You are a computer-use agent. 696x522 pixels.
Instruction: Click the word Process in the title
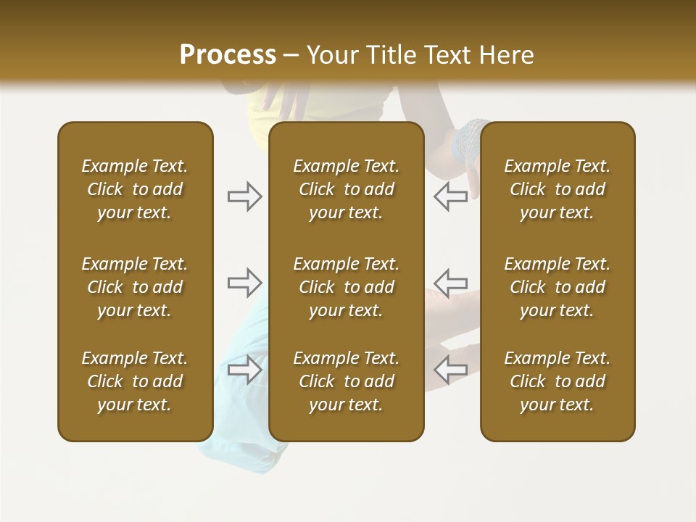tap(228, 55)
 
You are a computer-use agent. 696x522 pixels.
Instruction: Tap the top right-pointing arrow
tap(245, 196)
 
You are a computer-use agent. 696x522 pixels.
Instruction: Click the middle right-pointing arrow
tap(245, 283)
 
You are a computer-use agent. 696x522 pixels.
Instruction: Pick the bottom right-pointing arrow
tap(245, 369)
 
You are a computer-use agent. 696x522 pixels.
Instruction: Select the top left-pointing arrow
tap(450, 196)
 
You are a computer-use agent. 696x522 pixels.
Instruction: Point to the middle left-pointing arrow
tap(450, 283)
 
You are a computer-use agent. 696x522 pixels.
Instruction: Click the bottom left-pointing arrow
tap(450, 369)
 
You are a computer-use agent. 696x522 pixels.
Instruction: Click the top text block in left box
tap(135, 189)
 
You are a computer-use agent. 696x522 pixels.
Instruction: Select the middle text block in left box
tap(135, 287)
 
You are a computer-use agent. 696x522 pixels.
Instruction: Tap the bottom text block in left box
tap(135, 381)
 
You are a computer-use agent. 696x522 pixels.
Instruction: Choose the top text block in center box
tap(347, 189)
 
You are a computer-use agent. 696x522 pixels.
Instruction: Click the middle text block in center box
tap(347, 287)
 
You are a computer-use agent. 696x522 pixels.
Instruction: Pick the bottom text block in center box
tap(347, 381)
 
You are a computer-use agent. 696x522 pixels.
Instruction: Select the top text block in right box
tap(558, 189)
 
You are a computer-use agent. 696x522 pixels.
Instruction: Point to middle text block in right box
tap(558, 287)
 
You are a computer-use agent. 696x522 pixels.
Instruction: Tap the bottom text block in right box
tap(558, 381)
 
